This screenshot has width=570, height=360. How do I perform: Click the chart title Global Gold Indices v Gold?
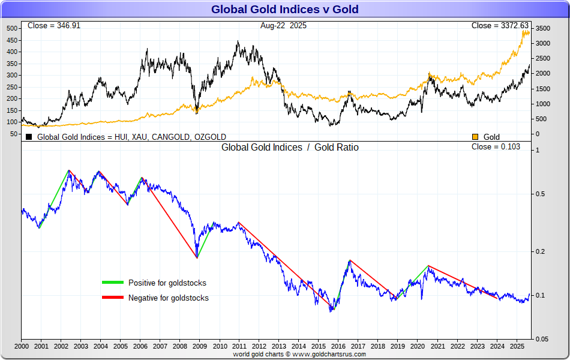coord(285,9)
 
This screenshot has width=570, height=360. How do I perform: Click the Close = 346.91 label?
coord(54,26)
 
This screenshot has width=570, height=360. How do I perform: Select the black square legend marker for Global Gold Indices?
coord(28,137)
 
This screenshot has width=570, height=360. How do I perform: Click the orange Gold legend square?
coord(476,137)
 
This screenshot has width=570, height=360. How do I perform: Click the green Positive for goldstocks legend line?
coord(112,283)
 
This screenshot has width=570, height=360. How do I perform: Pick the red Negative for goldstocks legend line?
coord(112,298)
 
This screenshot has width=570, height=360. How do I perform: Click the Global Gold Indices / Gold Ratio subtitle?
coord(290,147)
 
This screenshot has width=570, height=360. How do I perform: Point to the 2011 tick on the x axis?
coord(239,346)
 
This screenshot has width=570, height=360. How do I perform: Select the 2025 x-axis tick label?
coord(516,346)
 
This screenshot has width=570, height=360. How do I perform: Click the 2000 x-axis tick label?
coord(22,346)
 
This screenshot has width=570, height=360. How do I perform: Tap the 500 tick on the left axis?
coord(13,28)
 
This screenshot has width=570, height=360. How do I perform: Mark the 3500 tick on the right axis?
coord(542,28)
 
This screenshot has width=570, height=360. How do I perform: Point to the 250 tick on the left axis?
coord(13,87)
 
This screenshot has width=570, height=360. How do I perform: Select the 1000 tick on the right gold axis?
coord(542,104)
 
